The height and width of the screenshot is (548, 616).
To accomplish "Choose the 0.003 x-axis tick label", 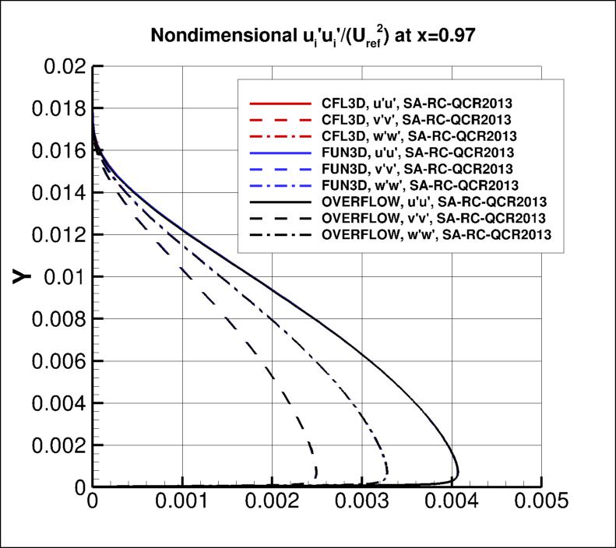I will [362, 503].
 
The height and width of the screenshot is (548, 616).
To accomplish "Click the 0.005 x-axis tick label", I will [541, 503].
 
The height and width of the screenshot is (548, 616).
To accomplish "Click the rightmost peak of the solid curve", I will [459, 472].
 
